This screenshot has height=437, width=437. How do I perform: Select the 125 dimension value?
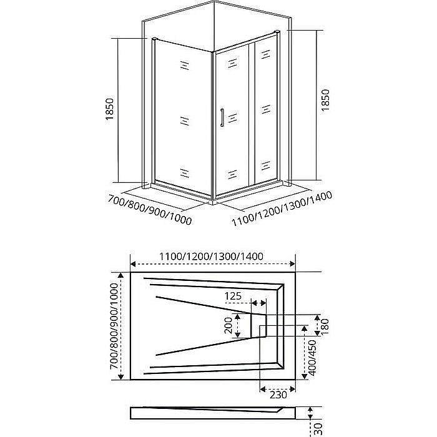[233, 295]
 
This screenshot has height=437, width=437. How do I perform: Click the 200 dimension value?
[229, 325]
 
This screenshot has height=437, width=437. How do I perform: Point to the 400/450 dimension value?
[312, 358]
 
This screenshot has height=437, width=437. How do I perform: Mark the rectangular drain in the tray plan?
[259, 325]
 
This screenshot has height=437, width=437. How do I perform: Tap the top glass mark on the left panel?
[185, 65]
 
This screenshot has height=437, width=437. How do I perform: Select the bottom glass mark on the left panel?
[185, 172]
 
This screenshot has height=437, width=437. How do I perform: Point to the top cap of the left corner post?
[152, 41]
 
